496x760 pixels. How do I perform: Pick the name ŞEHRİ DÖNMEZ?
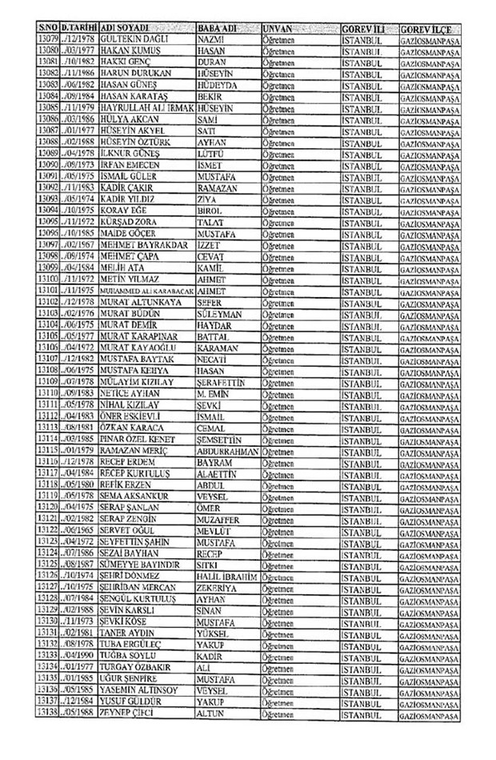coord(129,598)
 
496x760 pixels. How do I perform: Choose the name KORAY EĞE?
coord(122,209)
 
